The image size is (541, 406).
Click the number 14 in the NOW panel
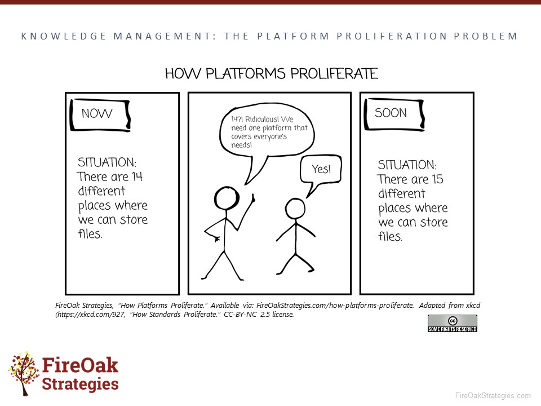[137, 176]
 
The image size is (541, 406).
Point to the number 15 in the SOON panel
[437, 179]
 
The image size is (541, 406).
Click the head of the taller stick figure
[227, 198]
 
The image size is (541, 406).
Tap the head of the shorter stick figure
[295, 209]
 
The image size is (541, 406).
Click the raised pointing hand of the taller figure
[252, 198]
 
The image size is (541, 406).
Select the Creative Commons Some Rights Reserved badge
[453, 324]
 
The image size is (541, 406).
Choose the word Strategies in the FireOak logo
[81, 384]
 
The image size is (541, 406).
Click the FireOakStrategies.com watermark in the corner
[493, 396]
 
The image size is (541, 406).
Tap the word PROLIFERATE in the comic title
[334, 73]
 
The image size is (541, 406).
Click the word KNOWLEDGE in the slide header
[64, 36]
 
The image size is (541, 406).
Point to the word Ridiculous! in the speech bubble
[261, 119]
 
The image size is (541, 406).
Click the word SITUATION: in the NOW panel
[107, 162]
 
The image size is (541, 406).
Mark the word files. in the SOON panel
[390, 236]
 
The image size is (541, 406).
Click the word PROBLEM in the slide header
[486, 36]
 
